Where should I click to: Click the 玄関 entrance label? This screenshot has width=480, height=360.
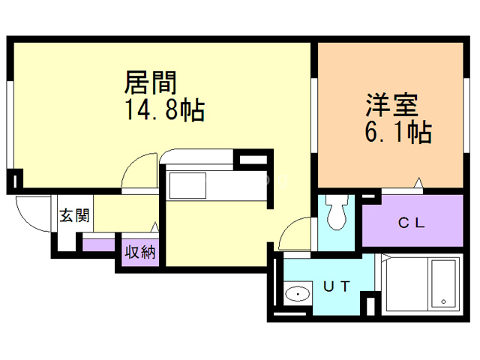[x=74, y=217]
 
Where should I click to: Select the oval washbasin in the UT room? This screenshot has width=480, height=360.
[x=298, y=294]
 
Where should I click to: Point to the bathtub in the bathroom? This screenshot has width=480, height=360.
[x=435, y=286]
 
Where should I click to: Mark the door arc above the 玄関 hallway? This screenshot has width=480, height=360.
[x=139, y=172]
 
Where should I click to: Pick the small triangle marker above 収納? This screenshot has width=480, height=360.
[x=155, y=226]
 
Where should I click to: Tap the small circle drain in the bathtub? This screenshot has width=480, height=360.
[x=445, y=302]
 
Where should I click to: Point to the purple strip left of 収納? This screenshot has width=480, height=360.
[x=98, y=244]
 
